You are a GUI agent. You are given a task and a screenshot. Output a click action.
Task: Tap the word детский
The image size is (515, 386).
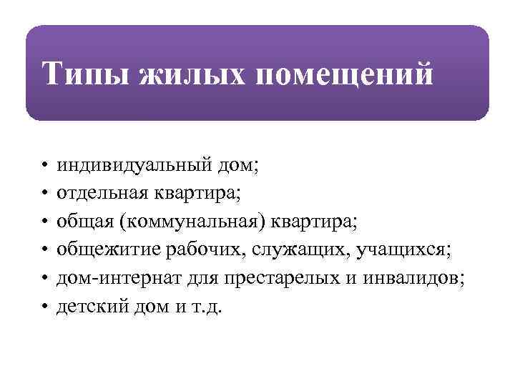pyautogui.click(x=87, y=307)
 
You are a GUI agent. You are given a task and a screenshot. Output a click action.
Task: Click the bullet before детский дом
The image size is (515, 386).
pyautogui.click(x=44, y=307)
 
